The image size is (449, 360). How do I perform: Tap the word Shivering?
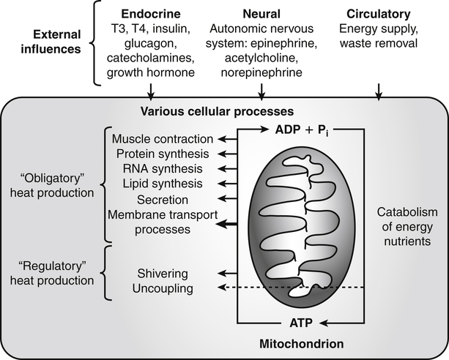(x=163, y=274)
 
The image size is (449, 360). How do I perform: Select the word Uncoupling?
(x=164, y=288)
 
